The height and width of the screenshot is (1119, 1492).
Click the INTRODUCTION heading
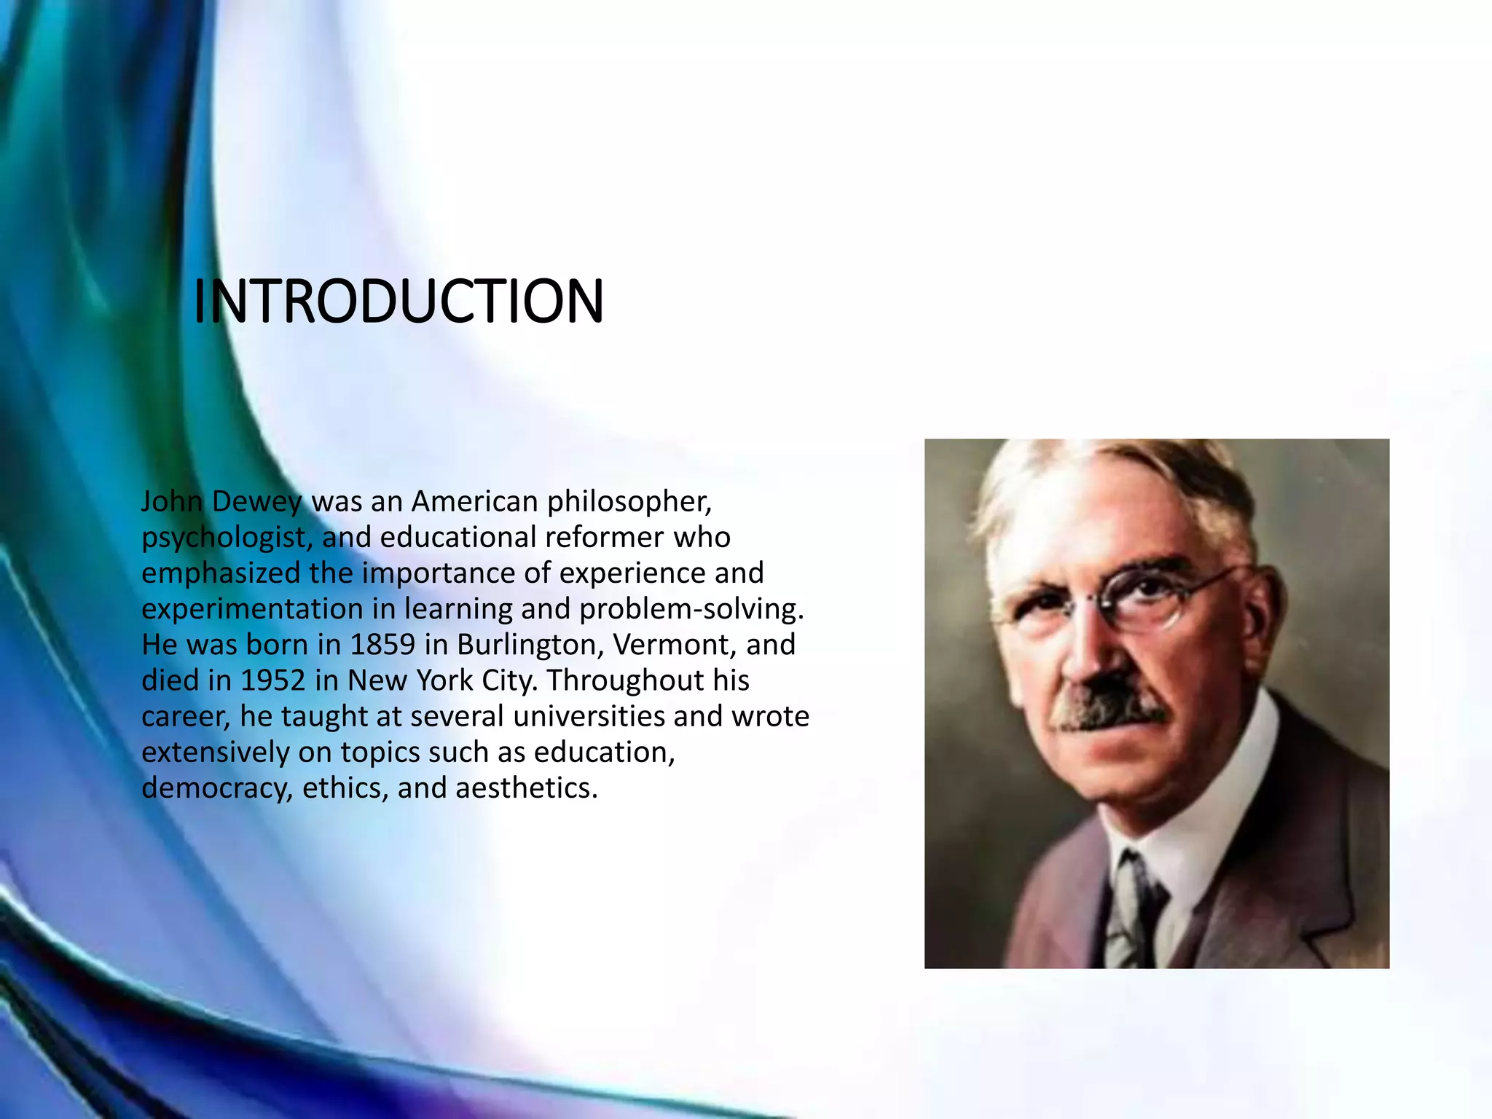click(x=398, y=301)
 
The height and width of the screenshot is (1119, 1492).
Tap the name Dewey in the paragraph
click(x=256, y=501)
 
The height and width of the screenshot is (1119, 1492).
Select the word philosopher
click(x=629, y=501)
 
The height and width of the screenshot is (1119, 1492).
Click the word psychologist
click(x=227, y=538)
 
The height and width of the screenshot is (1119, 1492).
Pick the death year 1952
click(x=272, y=680)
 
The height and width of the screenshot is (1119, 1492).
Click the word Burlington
click(x=530, y=645)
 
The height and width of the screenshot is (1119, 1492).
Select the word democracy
click(x=216, y=788)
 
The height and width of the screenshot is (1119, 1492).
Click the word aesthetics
click(x=526, y=788)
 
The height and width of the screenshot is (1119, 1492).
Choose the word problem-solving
click(x=691, y=609)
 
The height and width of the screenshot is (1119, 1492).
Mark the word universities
click(x=589, y=716)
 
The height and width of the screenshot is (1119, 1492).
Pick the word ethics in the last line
click(x=345, y=788)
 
